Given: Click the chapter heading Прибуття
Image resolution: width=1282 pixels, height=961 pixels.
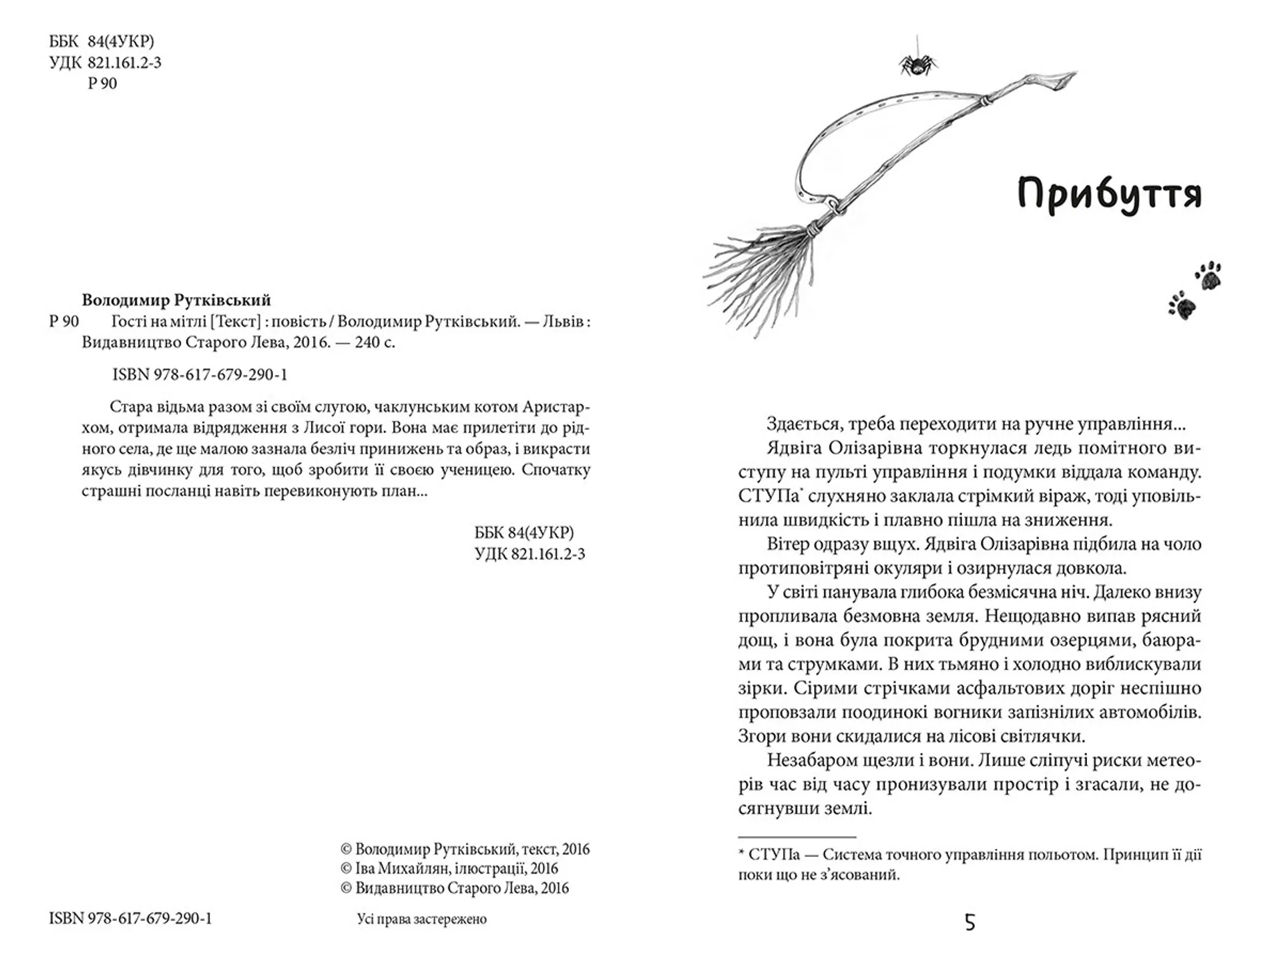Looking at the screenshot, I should click(1109, 195).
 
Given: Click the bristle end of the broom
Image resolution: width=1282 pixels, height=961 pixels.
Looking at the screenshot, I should click(755, 280).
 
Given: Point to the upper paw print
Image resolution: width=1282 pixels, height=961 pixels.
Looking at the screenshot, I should click(1209, 276).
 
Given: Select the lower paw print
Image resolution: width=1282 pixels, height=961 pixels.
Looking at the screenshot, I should click(1182, 306).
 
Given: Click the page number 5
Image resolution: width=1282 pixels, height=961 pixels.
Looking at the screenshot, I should click(970, 922).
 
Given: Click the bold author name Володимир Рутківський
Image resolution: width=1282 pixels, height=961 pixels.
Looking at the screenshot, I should click(176, 300).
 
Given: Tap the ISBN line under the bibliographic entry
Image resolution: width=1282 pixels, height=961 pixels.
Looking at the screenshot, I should click(200, 374).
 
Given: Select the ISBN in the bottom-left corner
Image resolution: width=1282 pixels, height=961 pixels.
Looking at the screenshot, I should click(130, 918).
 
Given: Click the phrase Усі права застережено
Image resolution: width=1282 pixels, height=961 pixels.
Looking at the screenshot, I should click(422, 919).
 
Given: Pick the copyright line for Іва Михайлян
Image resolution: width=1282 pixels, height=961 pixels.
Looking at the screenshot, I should click(449, 868).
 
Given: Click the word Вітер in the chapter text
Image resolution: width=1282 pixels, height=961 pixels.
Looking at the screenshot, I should click(788, 544).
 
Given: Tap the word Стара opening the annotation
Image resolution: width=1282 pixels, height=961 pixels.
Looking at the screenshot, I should click(130, 406).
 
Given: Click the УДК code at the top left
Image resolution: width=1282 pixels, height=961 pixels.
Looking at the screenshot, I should click(105, 63).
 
